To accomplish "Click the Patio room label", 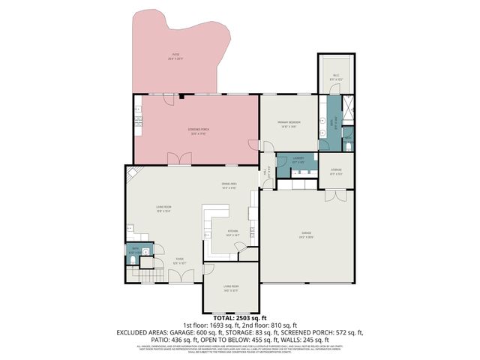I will [x=176, y=55].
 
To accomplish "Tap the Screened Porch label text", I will [x=197, y=132].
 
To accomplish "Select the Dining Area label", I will [x=229, y=185].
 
